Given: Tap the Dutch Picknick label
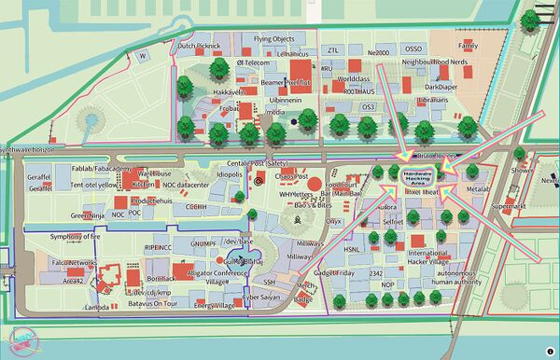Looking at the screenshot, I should pos(199,46).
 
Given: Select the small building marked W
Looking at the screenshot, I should pos(143,56).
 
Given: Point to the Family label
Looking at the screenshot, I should pos(468,45).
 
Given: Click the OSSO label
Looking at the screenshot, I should pos(413,49).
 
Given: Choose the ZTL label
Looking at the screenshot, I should pos(333,50).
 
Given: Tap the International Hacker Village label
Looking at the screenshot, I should pos(427,257).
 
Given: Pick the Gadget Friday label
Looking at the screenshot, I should pos(335,273).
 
